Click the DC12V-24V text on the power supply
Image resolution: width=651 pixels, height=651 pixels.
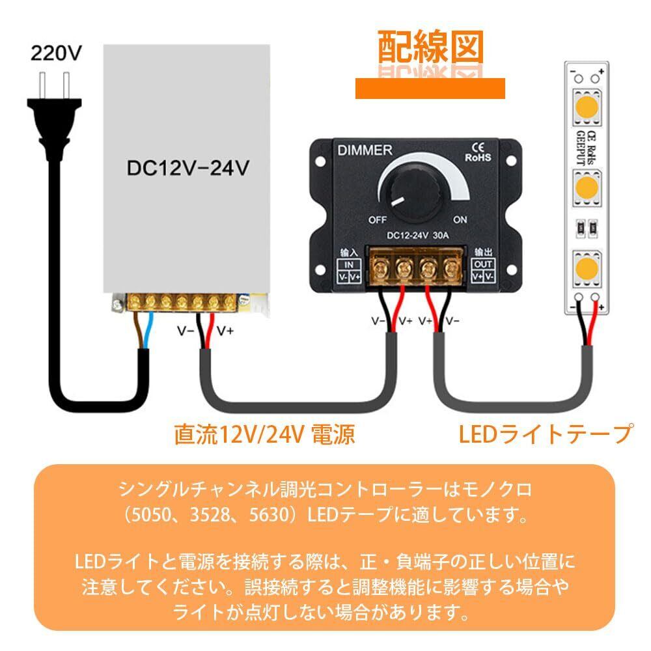[x=187, y=168]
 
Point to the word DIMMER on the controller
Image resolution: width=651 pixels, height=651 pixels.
[x=365, y=150]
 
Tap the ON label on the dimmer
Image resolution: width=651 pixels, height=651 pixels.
[x=460, y=219]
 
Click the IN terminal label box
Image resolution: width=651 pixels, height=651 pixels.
[x=349, y=270]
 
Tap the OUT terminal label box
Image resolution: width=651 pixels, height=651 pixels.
[x=482, y=270]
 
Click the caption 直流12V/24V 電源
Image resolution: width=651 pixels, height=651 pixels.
[x=264, y=434]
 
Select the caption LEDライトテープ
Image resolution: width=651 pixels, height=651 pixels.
[x=546, y=433]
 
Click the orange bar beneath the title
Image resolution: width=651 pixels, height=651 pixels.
[x=430, y=88]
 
